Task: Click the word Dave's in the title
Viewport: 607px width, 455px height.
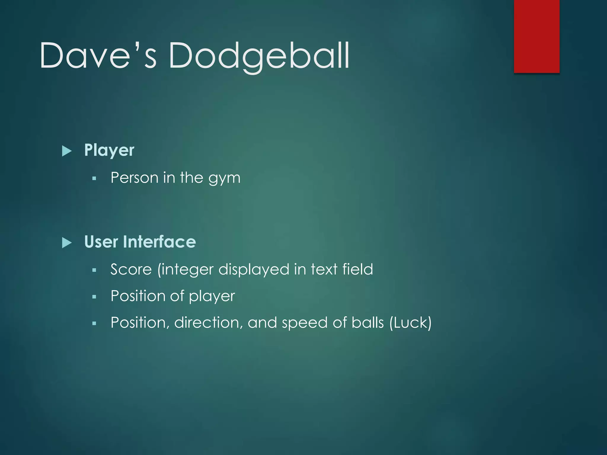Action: click(x=98, y=56)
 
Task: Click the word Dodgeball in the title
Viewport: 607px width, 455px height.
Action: click(x=259, y=56)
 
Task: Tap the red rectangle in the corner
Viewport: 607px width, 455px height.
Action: click(x=536, y=36)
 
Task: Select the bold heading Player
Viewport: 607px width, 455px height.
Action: click(x=109, y=150)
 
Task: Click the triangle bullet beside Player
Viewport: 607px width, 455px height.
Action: click(x=67, y=151)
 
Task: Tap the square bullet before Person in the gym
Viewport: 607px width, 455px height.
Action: click(x=94, y=178)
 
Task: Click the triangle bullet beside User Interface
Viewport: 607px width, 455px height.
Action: click(x=67, y=243)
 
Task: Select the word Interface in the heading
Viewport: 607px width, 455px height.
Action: click(x=159, y=242)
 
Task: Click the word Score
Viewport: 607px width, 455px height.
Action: click(x=131, y=270)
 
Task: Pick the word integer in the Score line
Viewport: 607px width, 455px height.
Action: click(x=186, y=270)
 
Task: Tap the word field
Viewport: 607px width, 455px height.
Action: click(x=358, y=269)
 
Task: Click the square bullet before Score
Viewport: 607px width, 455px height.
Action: click(x=94, y=270)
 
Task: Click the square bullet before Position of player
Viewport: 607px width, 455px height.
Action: click(x=94, y=297)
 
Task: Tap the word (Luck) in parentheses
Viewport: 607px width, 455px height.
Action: click(x=410, y=323)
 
